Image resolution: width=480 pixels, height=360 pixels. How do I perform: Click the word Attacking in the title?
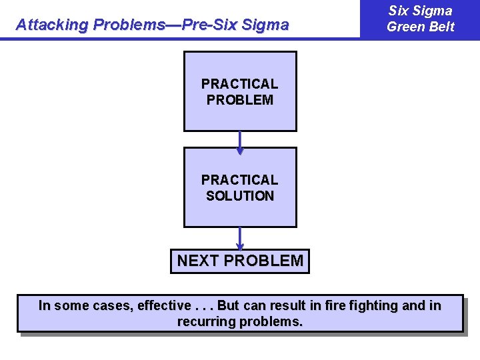[x=53, y=25]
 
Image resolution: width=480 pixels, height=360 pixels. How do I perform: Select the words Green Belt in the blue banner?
[x=420, y=27]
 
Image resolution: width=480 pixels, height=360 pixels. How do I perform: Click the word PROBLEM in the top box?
[x=240, y=100]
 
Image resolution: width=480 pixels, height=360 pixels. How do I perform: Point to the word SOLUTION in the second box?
[x=240, y=196]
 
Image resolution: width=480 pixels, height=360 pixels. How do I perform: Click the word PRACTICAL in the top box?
[x=240, y=84]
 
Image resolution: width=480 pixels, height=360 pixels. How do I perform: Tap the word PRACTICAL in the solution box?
[x=240, y=180]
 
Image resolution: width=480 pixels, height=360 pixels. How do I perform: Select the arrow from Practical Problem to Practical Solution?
[x=240, y=141]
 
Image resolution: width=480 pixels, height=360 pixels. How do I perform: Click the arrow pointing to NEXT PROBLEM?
[x=240, y=238]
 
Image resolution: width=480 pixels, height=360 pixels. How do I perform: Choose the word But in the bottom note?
[x=228, y=306]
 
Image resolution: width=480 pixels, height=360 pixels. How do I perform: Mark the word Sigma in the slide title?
[x=265, y=25]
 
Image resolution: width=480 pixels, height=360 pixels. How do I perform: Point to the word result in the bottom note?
[x=286, y=306]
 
